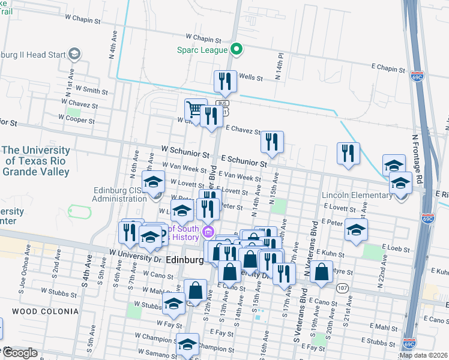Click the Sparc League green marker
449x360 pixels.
click(237, 49)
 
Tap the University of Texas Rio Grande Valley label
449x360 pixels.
click(36, 161)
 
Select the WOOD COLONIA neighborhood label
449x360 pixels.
click(45, 311)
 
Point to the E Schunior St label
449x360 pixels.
click(244, 162)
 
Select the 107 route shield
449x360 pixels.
click(342, 288)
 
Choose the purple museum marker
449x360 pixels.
click(208, 232)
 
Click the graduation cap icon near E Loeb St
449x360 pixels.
click(357, 230)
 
